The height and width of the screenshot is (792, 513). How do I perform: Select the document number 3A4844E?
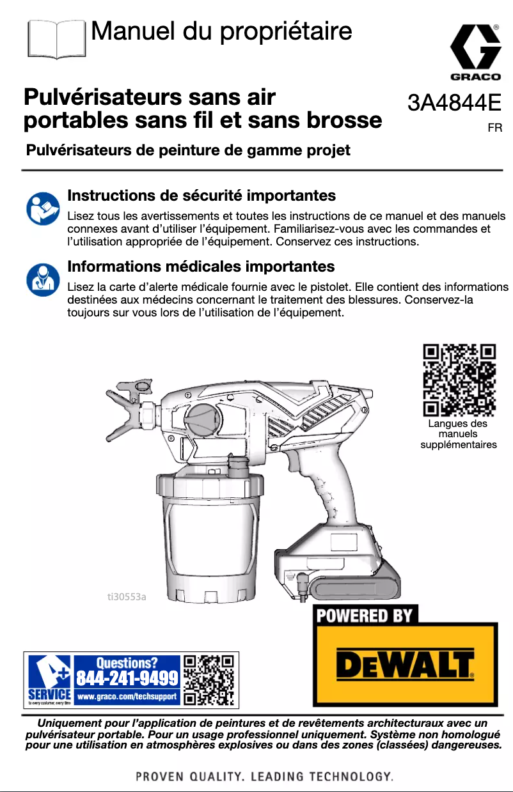[x=454, y=102]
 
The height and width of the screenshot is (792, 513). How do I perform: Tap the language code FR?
[x=494, y=128]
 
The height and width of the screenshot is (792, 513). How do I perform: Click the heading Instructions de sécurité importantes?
[x=201, y=195]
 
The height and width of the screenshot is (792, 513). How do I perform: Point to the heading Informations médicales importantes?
[x=201, y=265]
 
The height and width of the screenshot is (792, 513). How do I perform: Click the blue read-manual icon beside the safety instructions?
[x=42, y=208]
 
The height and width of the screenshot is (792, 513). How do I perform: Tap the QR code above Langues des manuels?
[x=459, y=380]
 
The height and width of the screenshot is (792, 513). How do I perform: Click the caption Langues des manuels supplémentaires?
[x=458, y=434]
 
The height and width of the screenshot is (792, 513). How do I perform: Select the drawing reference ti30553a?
[x=126, y=597]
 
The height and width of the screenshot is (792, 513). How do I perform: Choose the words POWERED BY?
[x=365, y=616]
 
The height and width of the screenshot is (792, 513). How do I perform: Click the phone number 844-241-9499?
[x=127, y=677]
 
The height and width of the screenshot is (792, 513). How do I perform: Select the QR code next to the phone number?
[x=209, y=679]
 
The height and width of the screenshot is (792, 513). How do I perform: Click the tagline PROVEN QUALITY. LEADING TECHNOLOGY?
[x=264, y=777]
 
